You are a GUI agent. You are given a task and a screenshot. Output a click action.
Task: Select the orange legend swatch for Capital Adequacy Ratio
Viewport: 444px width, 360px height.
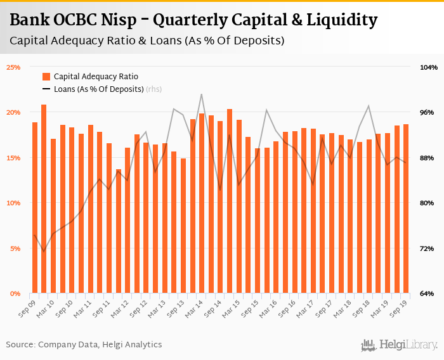[46, 77]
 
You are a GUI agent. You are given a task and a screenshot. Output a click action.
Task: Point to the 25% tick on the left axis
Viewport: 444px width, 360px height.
[14, 67]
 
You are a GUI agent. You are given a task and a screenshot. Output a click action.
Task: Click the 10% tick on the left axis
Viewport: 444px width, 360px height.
[14, 203]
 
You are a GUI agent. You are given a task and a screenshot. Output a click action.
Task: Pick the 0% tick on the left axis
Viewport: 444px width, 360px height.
[16, 293]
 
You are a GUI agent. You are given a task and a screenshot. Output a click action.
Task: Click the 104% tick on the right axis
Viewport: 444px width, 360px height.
[429, 67]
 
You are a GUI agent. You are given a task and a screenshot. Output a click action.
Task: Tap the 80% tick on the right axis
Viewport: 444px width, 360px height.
[429, 203]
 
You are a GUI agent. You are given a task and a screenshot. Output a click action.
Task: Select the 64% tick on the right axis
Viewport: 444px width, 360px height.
[429, 293]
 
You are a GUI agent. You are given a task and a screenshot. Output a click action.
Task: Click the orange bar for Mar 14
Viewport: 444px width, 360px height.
[202, 203]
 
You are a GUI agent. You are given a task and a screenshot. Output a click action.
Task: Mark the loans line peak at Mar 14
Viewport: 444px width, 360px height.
[202, 94]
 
